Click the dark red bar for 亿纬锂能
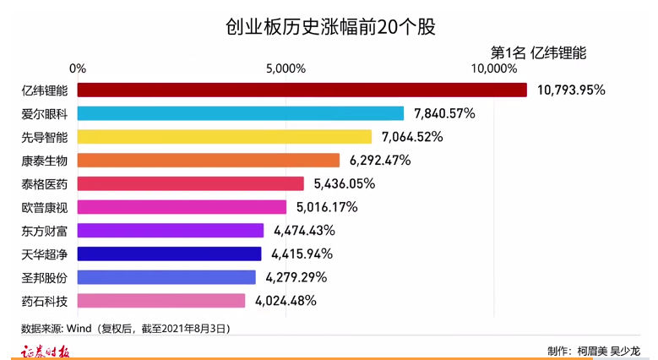[302, 90]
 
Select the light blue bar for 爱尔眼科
[241, 113]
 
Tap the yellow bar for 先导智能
[225, 137]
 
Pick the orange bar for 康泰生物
[209, 161]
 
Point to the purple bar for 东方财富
[171, 230]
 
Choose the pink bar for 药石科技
[161, 301]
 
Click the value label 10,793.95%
[571, 90]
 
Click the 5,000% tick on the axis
[285, 68]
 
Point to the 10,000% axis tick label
[493, 68]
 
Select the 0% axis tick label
[78, 68]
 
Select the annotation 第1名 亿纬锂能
[538, 52]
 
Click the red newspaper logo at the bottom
[45, 351]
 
